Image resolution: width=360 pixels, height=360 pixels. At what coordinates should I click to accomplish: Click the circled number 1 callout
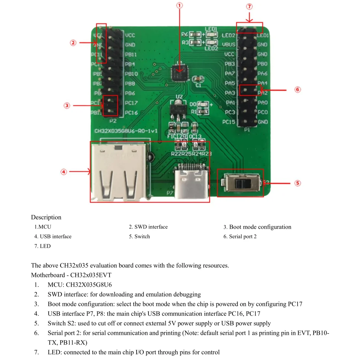[180, 6]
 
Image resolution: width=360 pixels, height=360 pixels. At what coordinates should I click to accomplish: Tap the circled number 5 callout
[297, 183]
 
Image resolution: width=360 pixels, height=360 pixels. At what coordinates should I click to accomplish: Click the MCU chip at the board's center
[180, 73]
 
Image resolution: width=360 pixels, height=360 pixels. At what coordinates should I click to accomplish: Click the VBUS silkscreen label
[229, 44]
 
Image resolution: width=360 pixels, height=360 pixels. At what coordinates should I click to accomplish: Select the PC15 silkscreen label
[229, 122]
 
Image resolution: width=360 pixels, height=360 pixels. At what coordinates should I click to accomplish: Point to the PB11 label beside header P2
[131, 55]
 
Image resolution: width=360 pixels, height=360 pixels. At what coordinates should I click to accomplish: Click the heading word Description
[46, 217]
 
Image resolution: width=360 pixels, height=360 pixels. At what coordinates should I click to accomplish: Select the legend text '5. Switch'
[140, 237]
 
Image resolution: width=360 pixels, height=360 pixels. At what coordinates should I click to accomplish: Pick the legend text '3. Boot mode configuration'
[257, 227]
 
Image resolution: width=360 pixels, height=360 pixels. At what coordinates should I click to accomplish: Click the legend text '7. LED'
[43, 246]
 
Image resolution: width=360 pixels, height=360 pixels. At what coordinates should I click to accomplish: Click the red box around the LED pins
[249, 28]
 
